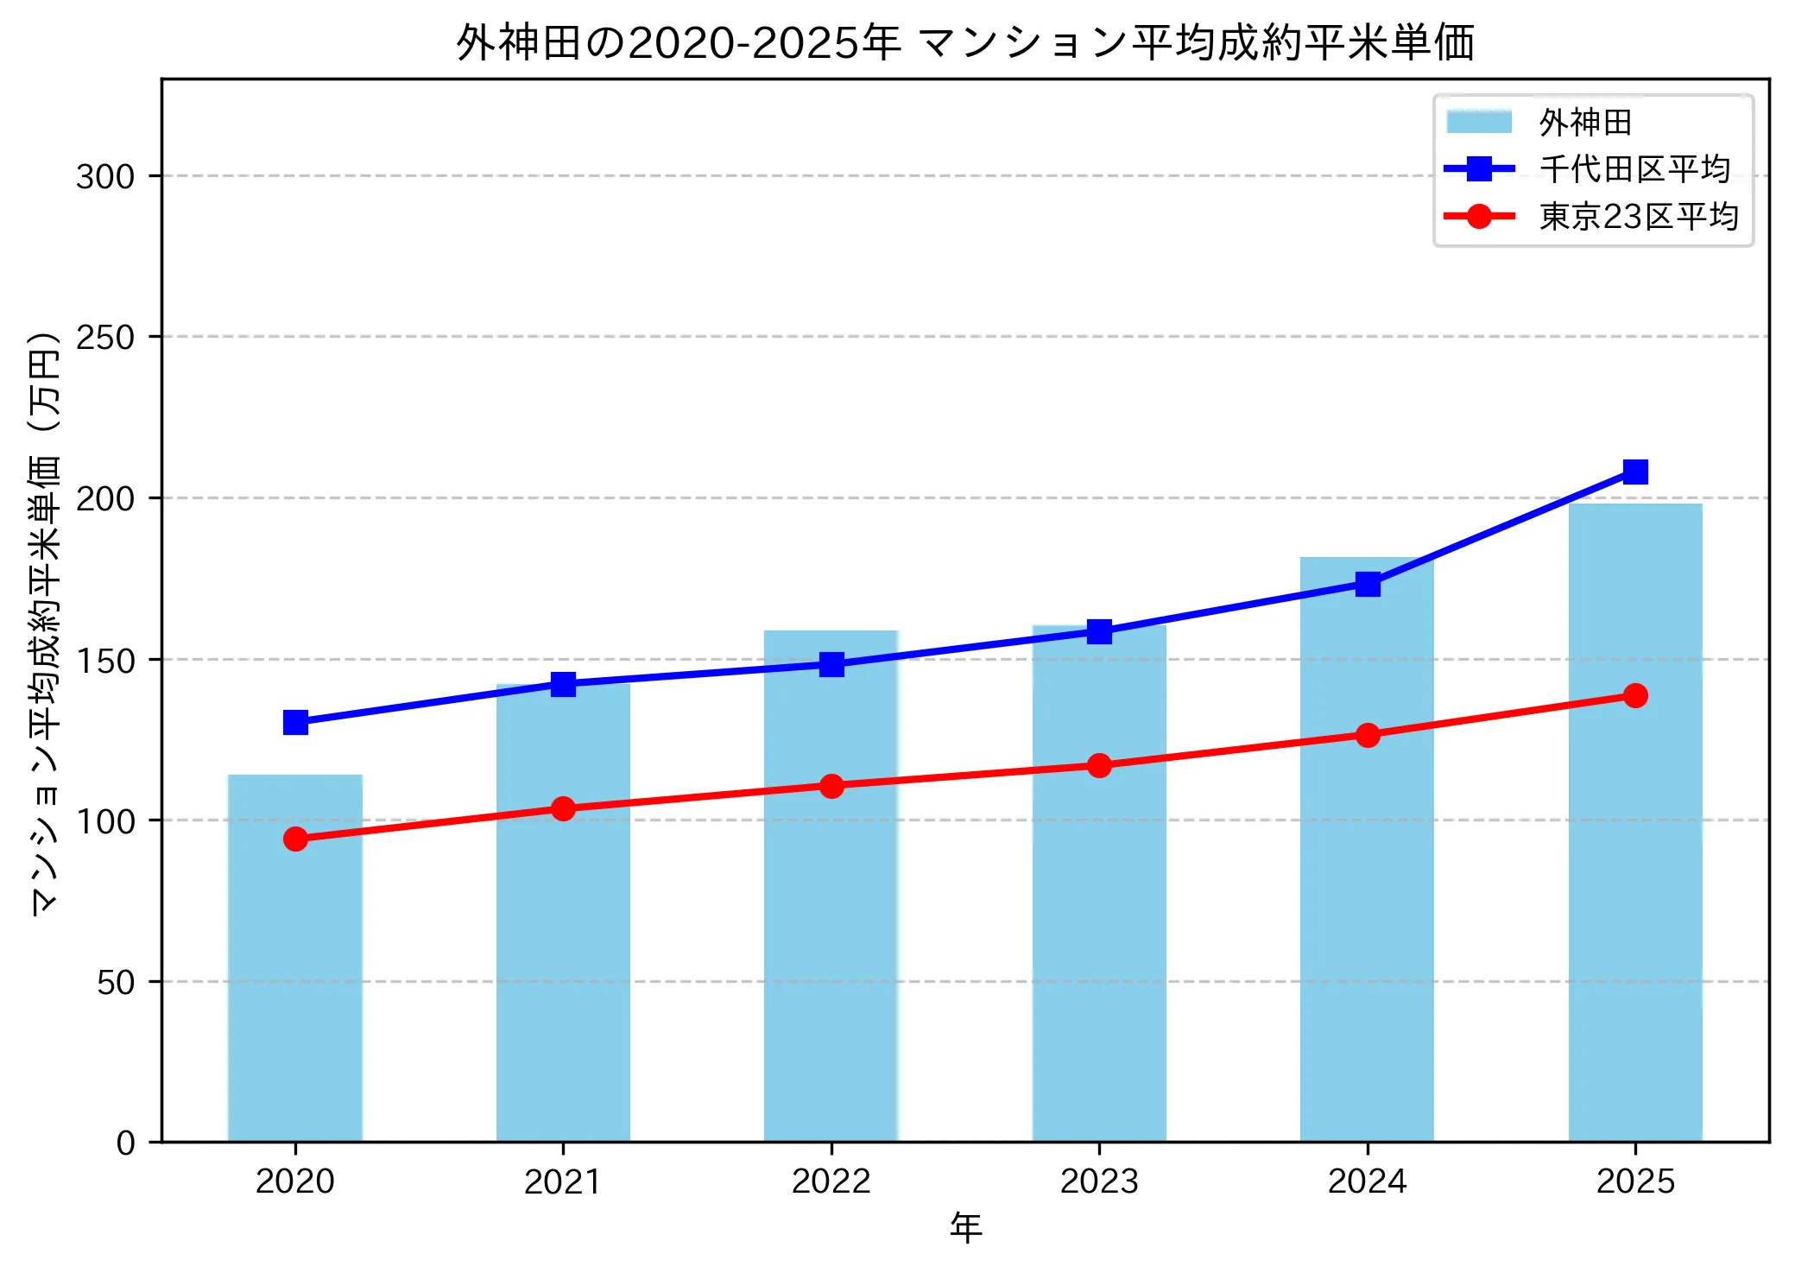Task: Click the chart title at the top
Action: point(964,43)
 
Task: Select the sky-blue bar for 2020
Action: point(295,959)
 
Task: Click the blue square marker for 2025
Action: point(1634,472)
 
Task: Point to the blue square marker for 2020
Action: point(295,722)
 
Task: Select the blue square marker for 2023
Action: point(1099,631)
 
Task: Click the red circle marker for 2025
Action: point(1634,695)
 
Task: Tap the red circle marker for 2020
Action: point(295,839)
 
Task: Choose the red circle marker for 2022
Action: point(831,786)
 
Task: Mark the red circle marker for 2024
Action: point(1367,735)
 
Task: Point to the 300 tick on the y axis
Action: point(105,176)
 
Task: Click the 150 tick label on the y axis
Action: point(105,661)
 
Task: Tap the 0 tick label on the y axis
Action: point(126,1143)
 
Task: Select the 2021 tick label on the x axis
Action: point(562,1181)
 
